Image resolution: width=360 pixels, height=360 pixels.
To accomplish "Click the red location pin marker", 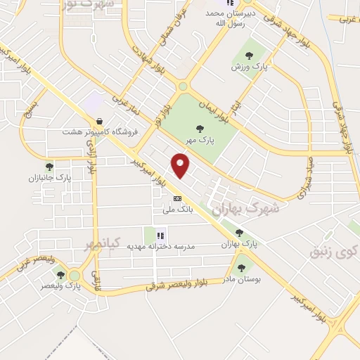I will (x=181, y=165).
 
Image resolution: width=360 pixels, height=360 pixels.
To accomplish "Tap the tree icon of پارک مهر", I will (x=200, y=128).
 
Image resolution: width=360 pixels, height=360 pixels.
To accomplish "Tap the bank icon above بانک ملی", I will (x=177, y=198).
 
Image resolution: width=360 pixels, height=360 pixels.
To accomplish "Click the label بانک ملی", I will (x=177, y=209).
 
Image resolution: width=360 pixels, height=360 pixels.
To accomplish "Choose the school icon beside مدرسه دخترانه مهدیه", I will (x=160, y=236).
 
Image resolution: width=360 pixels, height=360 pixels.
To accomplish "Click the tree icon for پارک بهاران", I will (x=239, y=233).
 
